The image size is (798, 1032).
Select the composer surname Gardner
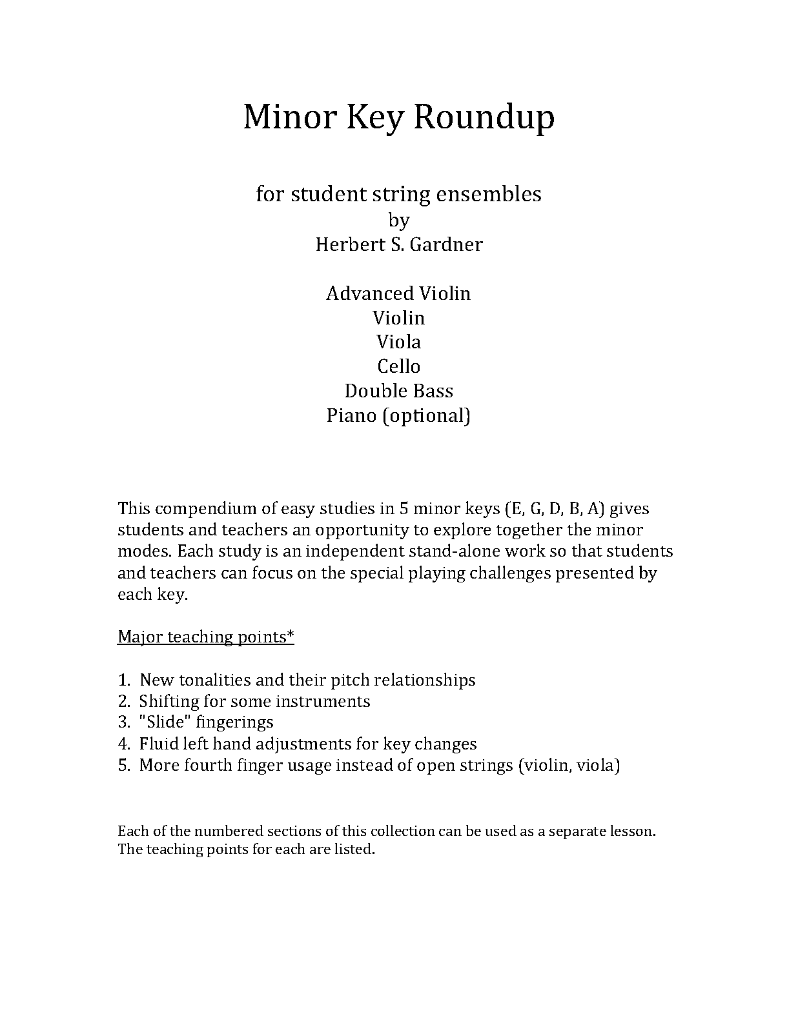[x=446, y=244]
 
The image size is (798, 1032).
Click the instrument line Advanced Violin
[x=398, y=293]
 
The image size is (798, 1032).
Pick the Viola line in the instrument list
[x=398, y=342]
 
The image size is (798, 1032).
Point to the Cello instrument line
[x=398, y=366]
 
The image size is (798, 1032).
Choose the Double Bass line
[x=398, y=391]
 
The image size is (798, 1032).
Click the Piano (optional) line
[x=398, y=415]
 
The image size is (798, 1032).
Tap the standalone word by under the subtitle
[x=398, y=221]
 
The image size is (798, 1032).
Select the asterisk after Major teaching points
[x=291, y=635]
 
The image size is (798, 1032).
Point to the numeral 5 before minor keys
[x=403, y=508]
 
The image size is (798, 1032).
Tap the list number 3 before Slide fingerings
[x=123, y=722]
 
